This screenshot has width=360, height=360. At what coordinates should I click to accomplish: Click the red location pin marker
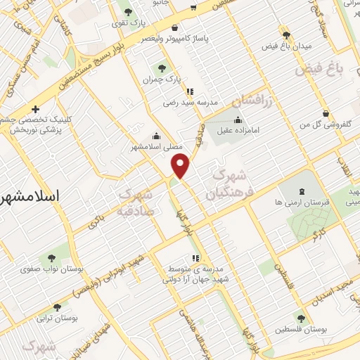click(x=181, y=166)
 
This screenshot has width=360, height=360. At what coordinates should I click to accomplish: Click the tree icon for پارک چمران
click(x=162, y=68)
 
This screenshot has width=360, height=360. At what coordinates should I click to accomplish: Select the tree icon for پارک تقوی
click(x=127, y=11)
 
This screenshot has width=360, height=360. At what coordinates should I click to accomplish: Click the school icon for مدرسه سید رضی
click(x=190, y=91)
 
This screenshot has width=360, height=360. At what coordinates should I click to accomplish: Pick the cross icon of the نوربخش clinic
click(x=35, y=109)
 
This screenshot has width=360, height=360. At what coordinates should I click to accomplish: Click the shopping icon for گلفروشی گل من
click(x=326, y=113)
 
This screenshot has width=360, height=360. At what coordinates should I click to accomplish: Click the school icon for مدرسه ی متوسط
click(x=195, y=258)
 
